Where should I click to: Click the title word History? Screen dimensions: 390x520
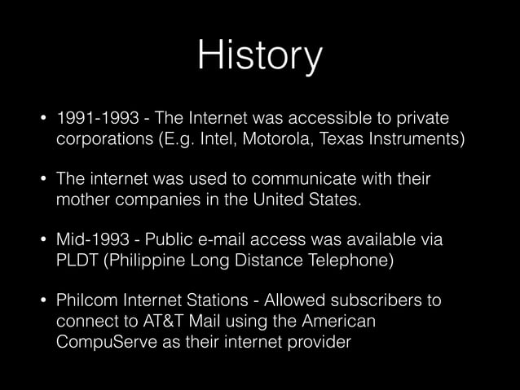(260, 55)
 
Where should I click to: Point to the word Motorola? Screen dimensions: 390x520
(298, 139)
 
